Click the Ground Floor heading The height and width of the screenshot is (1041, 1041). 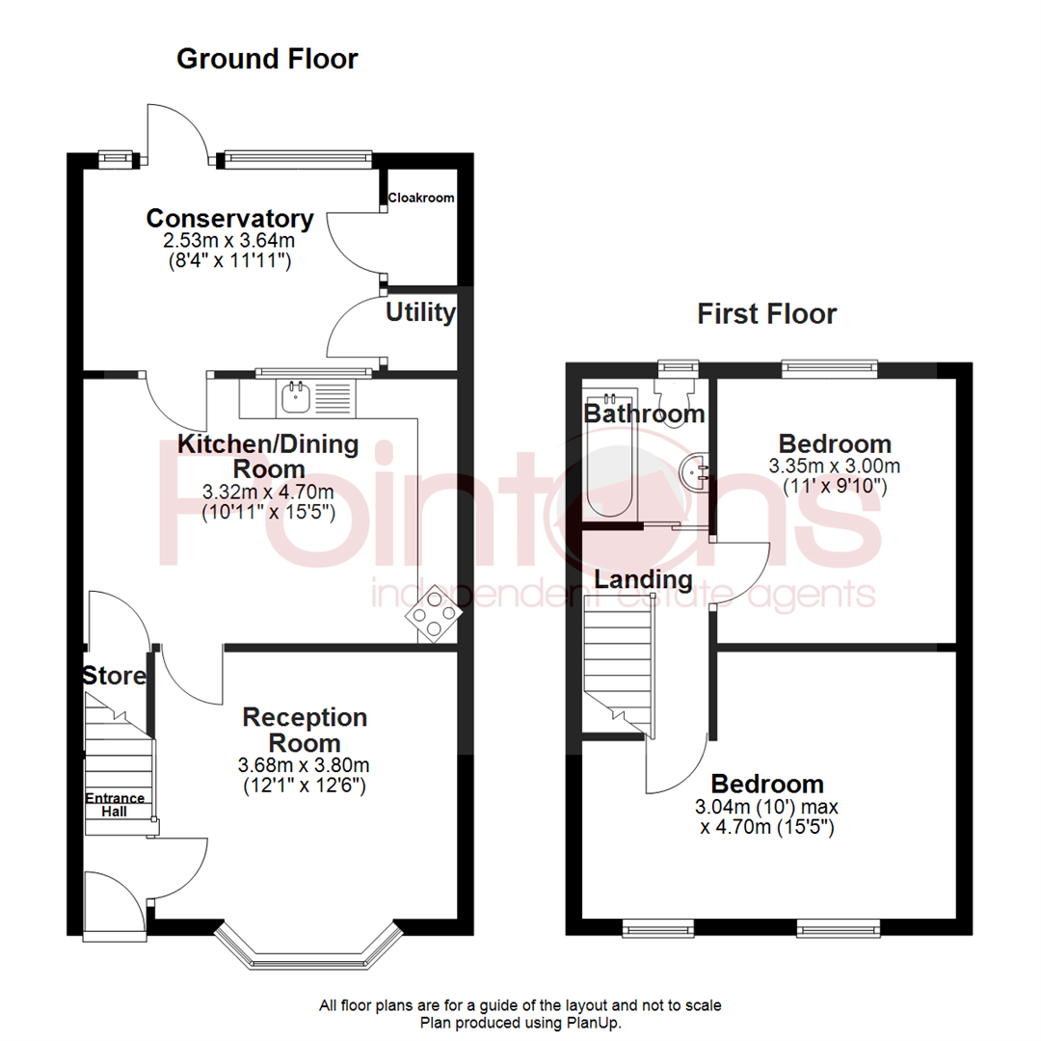point(267,59)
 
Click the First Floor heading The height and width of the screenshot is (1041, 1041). point(767,313)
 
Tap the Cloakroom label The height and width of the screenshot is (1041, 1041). point(420,198)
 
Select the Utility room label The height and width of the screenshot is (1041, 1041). point(420,312)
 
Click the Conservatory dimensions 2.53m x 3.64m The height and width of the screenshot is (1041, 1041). point(229,241)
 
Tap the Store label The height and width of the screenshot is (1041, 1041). point(113,676)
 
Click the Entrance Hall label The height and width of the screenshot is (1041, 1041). point(115,805)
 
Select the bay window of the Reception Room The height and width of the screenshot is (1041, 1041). point(307,948)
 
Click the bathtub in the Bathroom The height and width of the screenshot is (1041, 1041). point(607,455)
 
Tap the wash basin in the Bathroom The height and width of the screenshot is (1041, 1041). point(695,471)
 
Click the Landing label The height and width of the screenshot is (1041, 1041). point(643,580)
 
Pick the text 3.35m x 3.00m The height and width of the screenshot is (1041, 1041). point(835,466)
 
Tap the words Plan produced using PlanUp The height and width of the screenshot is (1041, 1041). point(520,1022)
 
